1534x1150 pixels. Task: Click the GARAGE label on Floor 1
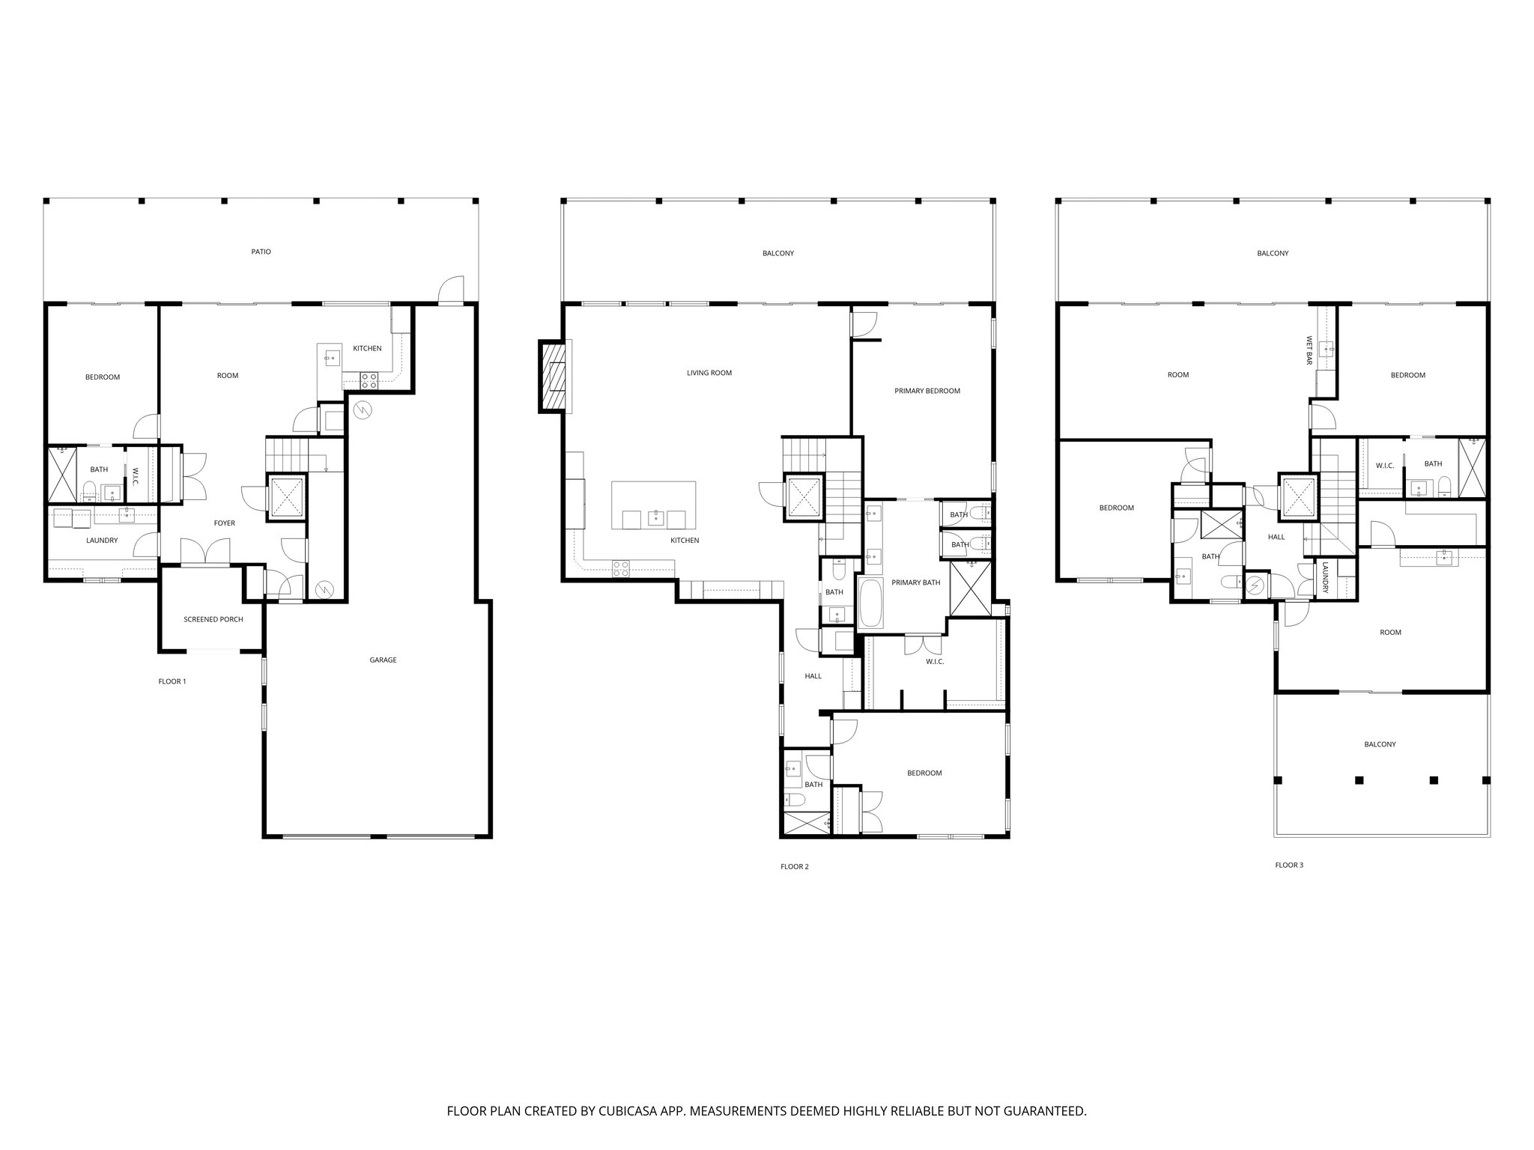point(383,660)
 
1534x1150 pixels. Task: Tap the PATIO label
point(261,252)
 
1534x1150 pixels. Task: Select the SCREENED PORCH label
point(213,620)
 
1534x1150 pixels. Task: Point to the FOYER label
point(225,523)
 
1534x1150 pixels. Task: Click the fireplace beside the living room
point(553,377)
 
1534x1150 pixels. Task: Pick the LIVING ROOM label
point(709,373)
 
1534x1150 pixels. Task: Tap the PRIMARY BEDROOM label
point(927,391)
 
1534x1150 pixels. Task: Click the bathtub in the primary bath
point(870,603)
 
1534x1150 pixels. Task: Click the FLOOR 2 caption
point(795,867)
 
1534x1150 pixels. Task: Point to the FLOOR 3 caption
point(1289,865)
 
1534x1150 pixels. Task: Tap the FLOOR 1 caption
point(172,681)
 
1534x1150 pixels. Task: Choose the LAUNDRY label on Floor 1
point(102,541)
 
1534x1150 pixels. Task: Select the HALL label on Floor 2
point(813,676)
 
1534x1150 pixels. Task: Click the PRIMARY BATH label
point(916,582)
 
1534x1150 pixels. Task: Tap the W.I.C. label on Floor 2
point(935,662)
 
